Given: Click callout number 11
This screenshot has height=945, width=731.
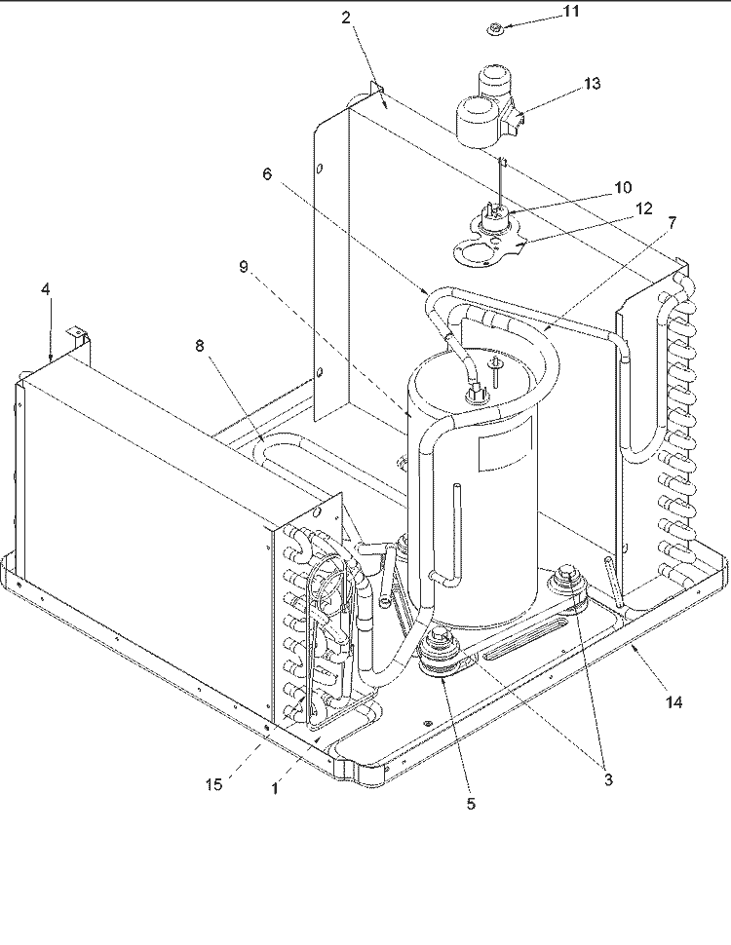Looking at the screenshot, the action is pyautogui.click(x=570, y=12).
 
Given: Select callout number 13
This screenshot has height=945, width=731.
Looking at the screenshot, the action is pyautogui.click(x=593, y=83).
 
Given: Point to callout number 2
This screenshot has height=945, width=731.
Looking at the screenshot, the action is pyautogui.click(x=346, y=18).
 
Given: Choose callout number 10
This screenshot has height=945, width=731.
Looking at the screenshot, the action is pyautogui.click(x=623, y=187).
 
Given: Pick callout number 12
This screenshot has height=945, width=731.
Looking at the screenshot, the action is pyautogui.click(x=644, y=208).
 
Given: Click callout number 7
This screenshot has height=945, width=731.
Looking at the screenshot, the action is pyautogui.click(x=672, y=223).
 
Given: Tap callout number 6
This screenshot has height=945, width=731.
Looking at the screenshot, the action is pyautogui.click(x=267, y=174).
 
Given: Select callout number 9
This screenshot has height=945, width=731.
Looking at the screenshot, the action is pyautogui.click(x=244, y=266).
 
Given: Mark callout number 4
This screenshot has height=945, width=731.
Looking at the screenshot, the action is pyautogui.click(x=46, y=289).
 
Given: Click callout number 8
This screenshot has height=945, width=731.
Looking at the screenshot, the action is pyautogui.click(x=199, y=346).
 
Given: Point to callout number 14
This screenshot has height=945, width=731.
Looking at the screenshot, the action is pyautogui.click(x=673, y=702).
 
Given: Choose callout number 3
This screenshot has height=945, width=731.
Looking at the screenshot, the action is pyautogui.click(x=608, y=779).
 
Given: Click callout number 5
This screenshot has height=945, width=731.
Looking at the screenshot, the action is pyautogui.click(x=471, y=804).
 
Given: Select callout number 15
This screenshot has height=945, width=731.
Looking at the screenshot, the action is pyautogui.click(x=213, y=784).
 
